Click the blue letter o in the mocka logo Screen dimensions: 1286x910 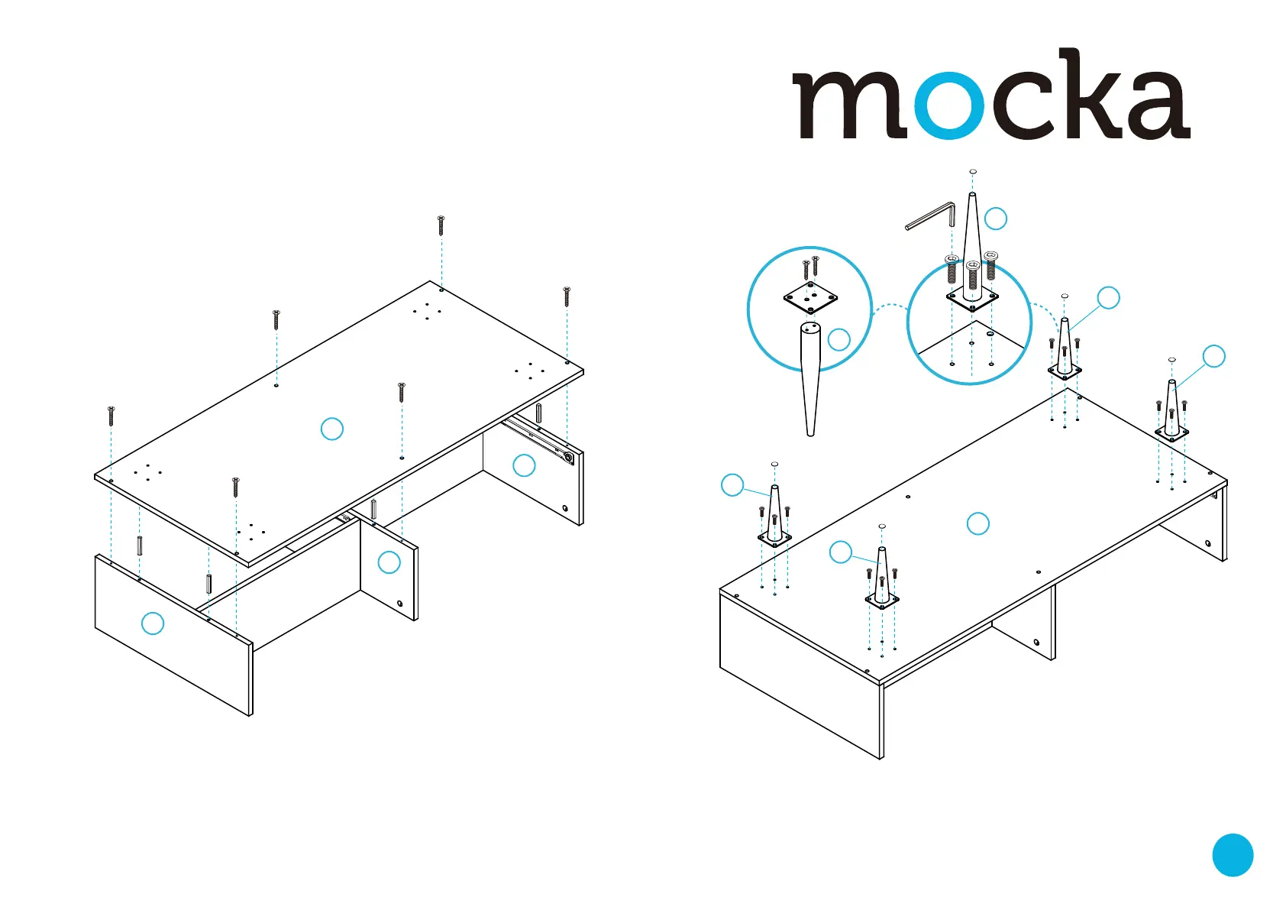coord(949,105)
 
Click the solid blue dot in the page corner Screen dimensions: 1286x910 coord(1233,855)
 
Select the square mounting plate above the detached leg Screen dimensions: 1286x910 coord(810,297)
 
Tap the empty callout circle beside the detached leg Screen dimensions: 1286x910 coord(839,340)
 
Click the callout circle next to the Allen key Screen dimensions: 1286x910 coord(996,219)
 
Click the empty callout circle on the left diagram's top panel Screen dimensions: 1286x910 coord(331,429)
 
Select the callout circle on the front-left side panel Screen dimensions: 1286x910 coord(153,623)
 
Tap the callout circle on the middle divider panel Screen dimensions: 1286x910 coord(389,562)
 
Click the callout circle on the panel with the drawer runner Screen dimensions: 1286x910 coord(524,465)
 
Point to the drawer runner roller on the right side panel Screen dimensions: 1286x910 coord(568,458)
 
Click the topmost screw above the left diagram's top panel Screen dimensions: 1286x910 coord(441,225)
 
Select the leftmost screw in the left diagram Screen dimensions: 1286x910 coord(111,416)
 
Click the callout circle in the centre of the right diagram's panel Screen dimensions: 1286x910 coord(978,523)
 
